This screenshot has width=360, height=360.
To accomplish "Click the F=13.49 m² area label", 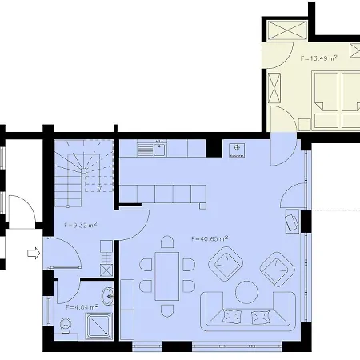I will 318,58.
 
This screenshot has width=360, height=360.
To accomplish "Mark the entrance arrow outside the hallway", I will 34,254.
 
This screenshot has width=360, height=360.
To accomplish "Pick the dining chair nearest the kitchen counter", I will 167,241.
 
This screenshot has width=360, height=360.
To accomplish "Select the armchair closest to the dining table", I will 226,262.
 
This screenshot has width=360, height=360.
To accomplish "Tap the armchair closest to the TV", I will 277,268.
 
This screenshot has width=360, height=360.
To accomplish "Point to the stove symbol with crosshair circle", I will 237,150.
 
